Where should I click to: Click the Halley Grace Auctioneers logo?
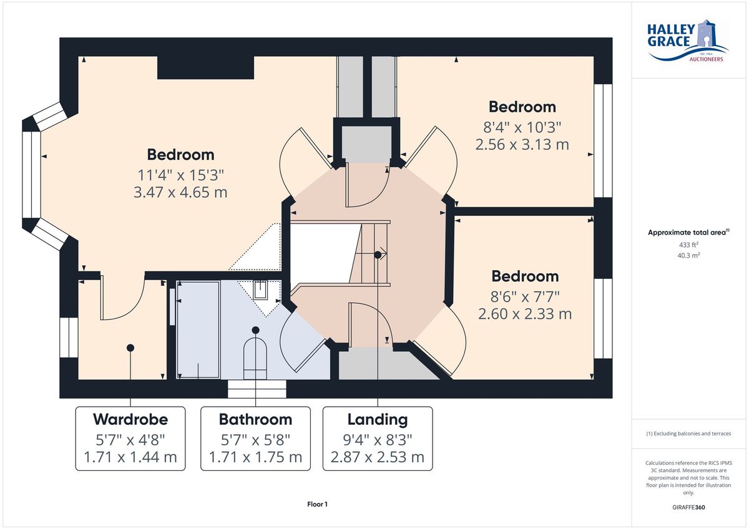coord(687,41)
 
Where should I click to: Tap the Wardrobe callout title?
coord(130,419)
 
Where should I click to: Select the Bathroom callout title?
coord(255,419)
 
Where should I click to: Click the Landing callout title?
coord(378,420)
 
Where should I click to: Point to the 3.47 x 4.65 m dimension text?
coord(180,192)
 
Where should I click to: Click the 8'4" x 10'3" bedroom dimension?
coord(522,127)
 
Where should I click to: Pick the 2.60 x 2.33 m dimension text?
coord(525,314)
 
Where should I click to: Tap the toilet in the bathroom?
coord(255,358)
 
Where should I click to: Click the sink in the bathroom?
coord(260,290)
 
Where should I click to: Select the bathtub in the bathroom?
coord(198,330)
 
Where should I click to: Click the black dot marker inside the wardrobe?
coord(130,348)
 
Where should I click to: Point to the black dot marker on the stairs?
coord(378,255)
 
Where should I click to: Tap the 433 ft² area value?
coord(688,245)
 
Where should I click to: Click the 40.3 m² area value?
coord(688,255)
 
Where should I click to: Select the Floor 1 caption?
coord(317,504)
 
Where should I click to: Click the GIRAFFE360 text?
coord(688,507)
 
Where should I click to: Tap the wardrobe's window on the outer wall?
coord(69,337)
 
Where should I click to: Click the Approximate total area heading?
coord(688,232)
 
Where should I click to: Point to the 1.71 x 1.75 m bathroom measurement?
coord(255,457)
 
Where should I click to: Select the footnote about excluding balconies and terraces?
coord(688,434)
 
